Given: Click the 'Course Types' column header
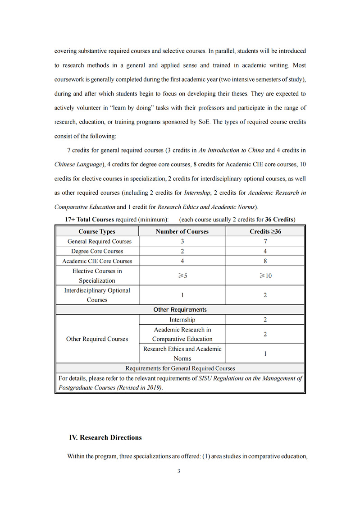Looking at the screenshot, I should click(97, 231).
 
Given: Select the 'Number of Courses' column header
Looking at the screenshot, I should click(182, 231).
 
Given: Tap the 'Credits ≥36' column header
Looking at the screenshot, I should click(265, 231).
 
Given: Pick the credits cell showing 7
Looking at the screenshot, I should click(265, 241).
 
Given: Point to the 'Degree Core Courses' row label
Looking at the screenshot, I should click(97, 251).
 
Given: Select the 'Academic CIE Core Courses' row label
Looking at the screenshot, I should click(97, 261).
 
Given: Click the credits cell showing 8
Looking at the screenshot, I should click(265, 261).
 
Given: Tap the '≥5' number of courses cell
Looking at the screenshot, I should click(182, 276).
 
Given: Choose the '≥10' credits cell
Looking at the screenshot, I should click(265, 276).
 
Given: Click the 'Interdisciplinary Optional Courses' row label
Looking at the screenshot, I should click(97, 295).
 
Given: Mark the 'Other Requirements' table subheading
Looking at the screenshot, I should click(180, 310).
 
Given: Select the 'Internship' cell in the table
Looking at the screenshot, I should click(182, 320).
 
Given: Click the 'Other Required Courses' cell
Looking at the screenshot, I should click(97, 339).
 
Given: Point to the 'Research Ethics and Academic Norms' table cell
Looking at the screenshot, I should click(182, 354).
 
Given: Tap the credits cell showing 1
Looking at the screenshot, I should click(265, 354).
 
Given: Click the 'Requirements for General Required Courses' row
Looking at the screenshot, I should click(180, 368).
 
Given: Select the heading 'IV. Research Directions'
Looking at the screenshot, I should click(105, 437).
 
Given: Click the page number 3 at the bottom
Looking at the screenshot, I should click(179, 471).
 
